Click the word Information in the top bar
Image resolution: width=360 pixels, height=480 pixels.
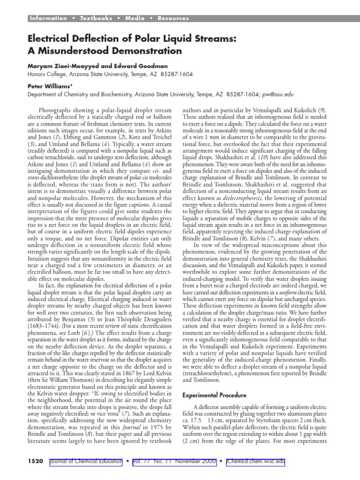tap(48, 18)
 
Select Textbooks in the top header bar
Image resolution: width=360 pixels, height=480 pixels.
tap(96, 18)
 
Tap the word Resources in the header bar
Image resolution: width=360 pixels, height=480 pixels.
tap(173, 18)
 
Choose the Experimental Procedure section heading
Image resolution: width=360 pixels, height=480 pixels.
tap(217, 382)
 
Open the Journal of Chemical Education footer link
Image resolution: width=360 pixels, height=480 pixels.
tap(86, 462)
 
